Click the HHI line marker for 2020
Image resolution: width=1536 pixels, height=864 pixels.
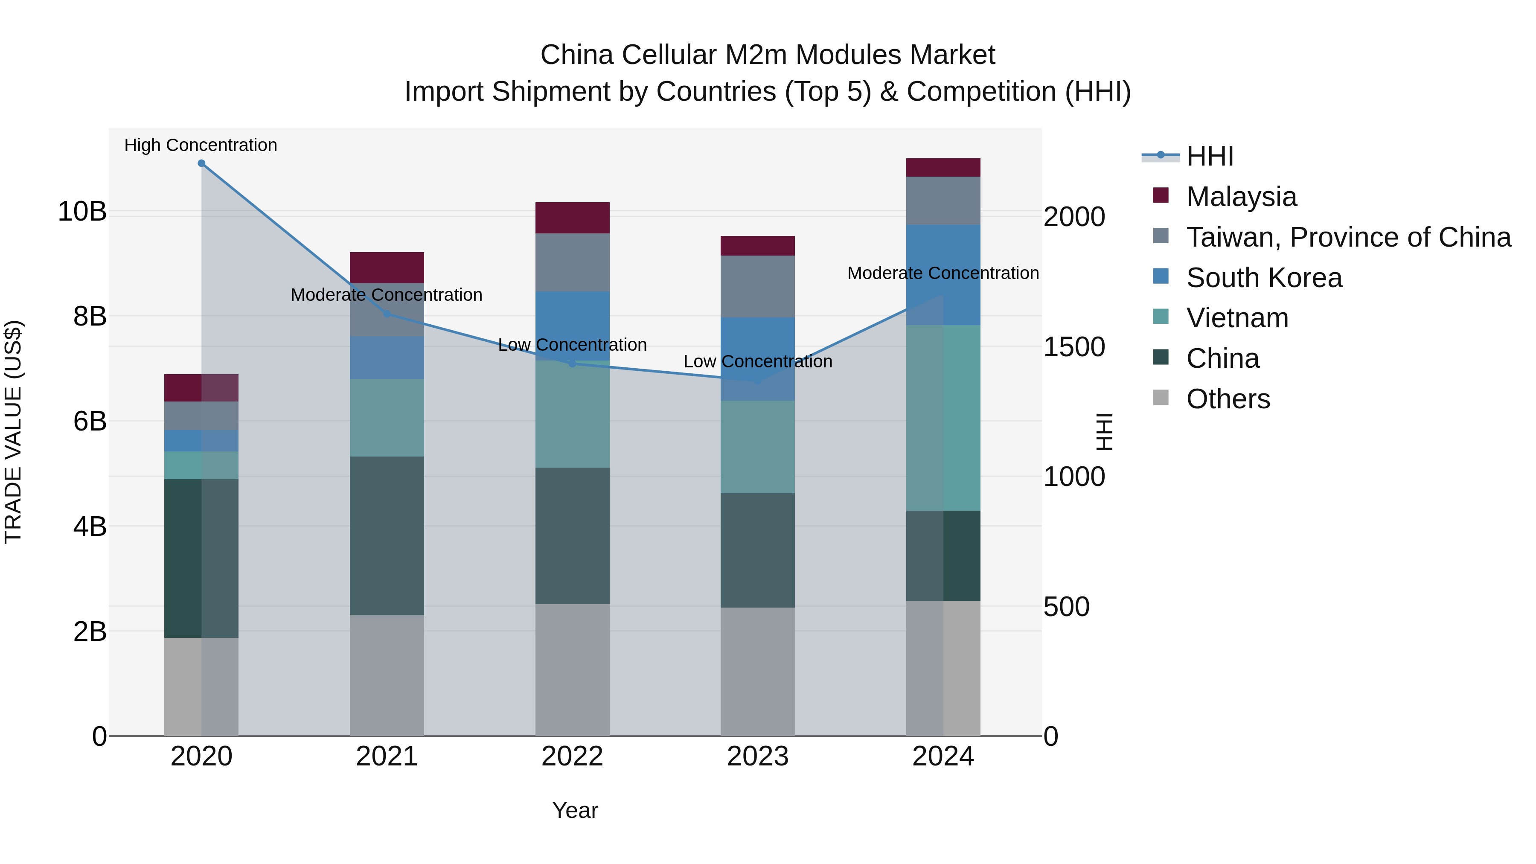pos(201,163)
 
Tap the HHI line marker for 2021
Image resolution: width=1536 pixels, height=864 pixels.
pos(387,314)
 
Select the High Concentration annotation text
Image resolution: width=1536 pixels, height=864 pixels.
pos(201,145)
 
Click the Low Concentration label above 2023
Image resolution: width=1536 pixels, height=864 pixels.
pos(757,362)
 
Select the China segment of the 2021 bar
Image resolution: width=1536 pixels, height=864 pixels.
pos(387,535)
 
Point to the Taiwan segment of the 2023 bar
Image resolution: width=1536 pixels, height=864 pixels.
pos(757,286)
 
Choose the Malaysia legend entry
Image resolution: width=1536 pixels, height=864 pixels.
pos(1241,197)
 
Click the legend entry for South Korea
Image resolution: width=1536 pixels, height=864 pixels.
pos(1263,278)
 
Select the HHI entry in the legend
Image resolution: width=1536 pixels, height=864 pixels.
pos(1209,156)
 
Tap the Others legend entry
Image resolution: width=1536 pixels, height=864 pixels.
pos(1228,399)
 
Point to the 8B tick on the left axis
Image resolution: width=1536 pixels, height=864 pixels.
pos(90,317)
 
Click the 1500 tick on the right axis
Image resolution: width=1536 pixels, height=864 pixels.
pos(1074,347)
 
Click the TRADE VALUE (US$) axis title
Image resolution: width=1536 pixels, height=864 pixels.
pos(13,432)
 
